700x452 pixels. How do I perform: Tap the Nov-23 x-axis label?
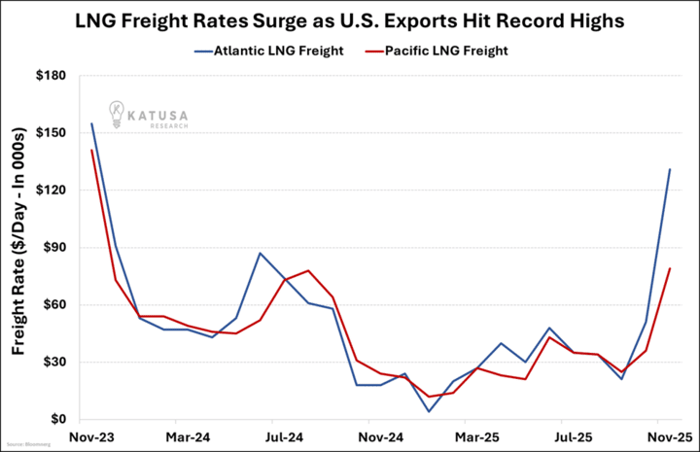click(x=91, y=438)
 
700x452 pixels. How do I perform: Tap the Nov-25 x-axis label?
click(x=669, y=438)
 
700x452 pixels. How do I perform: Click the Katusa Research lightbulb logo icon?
click(x=115, y=114)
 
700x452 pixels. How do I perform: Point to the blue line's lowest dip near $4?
click(x=429, y=411)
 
